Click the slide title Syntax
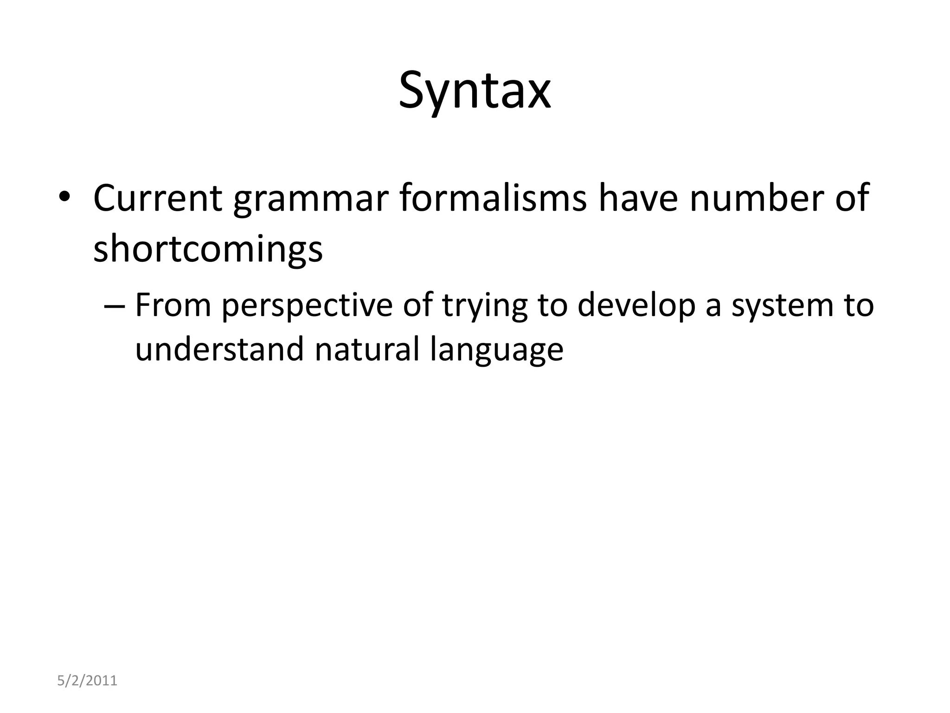tap(475, 91)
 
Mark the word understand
tap(219, 349)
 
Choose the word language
tap(496, 351)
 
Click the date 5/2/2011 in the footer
tap(87, 681)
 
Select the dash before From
tap(114, 306)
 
